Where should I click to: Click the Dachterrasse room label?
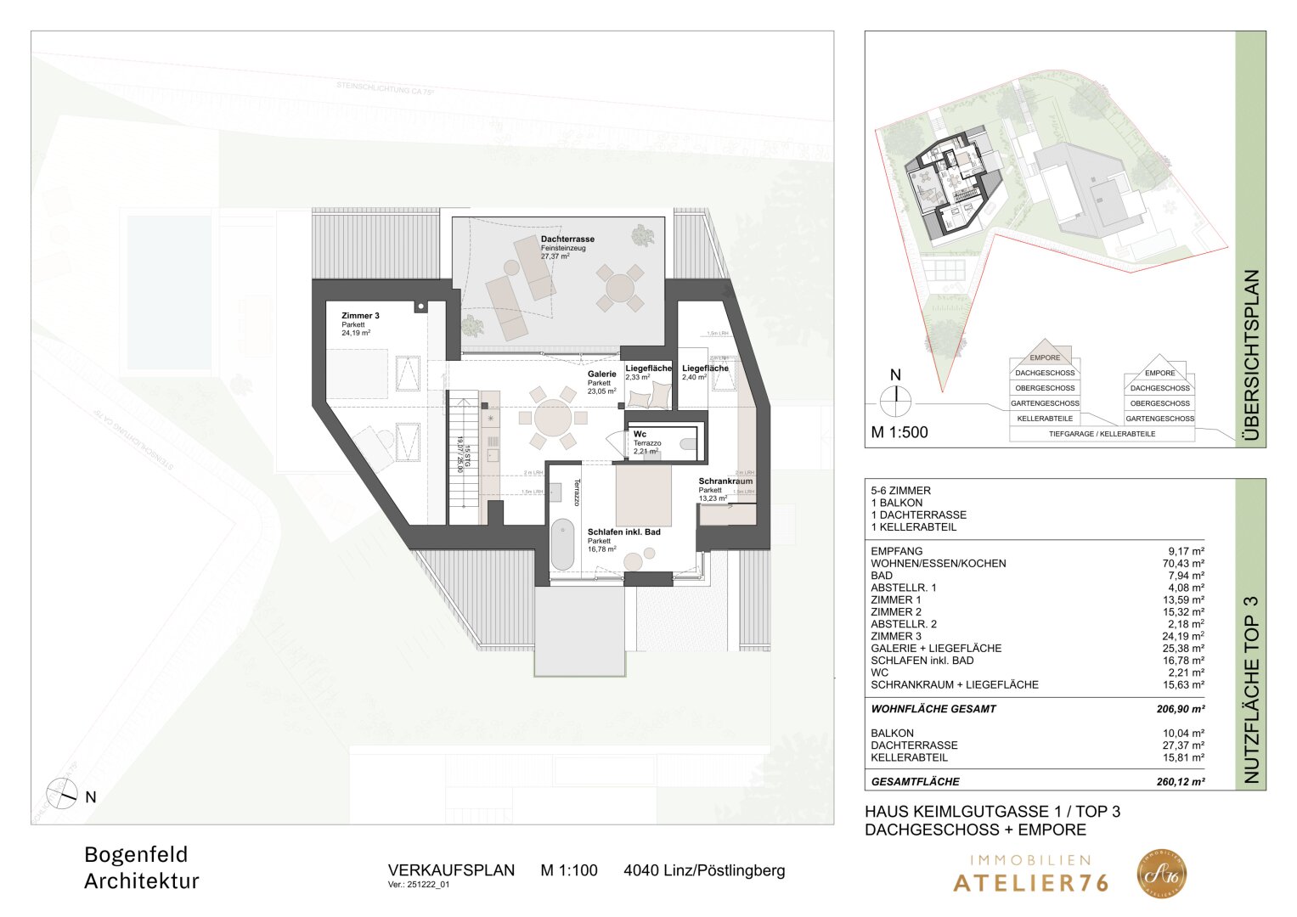pyautogui.click(x=567, y=239)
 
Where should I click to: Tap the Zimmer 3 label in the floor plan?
pyautogui.click(x=360, y=316)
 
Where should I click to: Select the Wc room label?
pyautogui.click(x=640, y=434)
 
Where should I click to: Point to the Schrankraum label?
pyautogui.click(x=725, y=481)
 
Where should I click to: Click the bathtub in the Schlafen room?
pyautogui.click(x=562, y=545)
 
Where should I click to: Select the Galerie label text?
pyautogui.click(x=601, y=374)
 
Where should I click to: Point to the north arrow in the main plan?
pyautogui.click(x=62, y=794)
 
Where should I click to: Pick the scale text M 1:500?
pyautogui.click(x=899, y=432)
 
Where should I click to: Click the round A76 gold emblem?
pyautogui.click(x=1162, y=874)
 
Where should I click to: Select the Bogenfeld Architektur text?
pyautogui.click(x=142, y=868)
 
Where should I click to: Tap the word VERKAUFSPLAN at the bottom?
pyautogui.click(x=451, y=870)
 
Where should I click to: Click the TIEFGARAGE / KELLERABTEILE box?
pyautogui.click(x=1102, y=434)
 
